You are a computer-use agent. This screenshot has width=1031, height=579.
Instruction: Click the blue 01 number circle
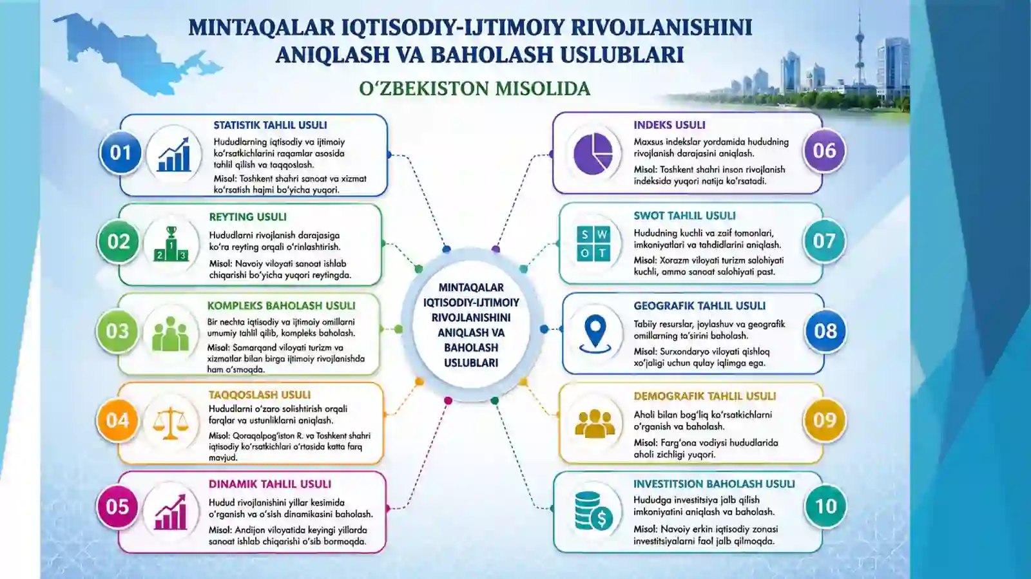[120, 153]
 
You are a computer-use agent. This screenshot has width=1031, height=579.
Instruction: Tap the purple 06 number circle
[824, 151]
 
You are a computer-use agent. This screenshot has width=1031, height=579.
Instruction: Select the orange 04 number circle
[117, 421]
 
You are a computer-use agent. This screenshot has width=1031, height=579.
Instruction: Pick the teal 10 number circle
[825, 506]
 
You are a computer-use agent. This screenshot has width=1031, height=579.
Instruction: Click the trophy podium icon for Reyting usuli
[171, 243]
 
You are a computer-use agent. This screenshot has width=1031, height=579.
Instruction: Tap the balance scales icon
[170, 422]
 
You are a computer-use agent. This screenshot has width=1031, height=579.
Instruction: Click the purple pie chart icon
[593, 153]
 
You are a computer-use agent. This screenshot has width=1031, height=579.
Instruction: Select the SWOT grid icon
[593, 243]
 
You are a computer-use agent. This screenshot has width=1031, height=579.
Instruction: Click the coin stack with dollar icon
[593, 511]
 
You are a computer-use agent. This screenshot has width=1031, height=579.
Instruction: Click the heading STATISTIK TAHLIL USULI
[270, 125]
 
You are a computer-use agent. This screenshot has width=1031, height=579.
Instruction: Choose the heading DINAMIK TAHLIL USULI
[270, 484]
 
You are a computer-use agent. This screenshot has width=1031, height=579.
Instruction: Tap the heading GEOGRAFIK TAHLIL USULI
[700, 306]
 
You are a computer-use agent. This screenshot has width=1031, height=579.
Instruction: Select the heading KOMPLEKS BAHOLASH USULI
[281, 306]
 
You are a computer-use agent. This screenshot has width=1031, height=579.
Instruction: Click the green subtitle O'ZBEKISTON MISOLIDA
[474, 89]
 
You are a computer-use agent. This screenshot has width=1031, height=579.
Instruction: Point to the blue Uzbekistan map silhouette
[133, 53]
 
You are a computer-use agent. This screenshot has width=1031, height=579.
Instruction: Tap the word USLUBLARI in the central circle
[471, 363]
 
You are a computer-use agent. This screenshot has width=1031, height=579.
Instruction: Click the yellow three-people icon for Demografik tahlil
[595, 424]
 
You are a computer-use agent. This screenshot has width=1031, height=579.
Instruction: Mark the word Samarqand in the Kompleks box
[255, 348]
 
